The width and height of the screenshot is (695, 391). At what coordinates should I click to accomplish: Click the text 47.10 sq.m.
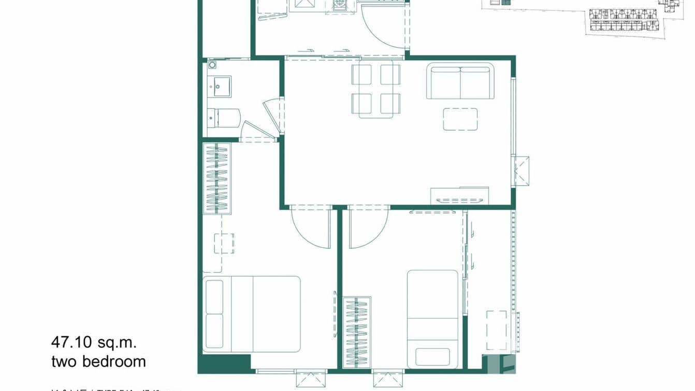[x=94, y=342]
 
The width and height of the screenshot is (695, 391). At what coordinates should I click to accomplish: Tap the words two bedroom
[x=98, y=361]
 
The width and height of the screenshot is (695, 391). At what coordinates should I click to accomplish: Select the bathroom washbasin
[x=220, y=86]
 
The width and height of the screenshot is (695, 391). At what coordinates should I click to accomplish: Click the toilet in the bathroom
[x=225, y=118]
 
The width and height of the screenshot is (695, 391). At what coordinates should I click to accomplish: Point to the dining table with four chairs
[x=376, y=89]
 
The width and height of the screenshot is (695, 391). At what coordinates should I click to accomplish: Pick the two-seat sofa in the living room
[x=460, y=81]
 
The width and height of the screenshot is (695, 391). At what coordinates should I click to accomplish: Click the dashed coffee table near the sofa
[x=460, y=119]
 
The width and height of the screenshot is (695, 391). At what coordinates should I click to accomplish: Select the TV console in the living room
[x=459, y=195]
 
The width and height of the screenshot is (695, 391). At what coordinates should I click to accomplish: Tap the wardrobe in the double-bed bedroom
[x=217, y=178]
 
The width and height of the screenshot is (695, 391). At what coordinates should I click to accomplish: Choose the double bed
[x=252, y=314]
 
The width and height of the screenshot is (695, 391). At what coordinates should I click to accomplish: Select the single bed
[x=432, y=318]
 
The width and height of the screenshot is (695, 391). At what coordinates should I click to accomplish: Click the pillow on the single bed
[x=432, y=357]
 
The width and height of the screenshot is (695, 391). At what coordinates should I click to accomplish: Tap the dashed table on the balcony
[x=496, y=331]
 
